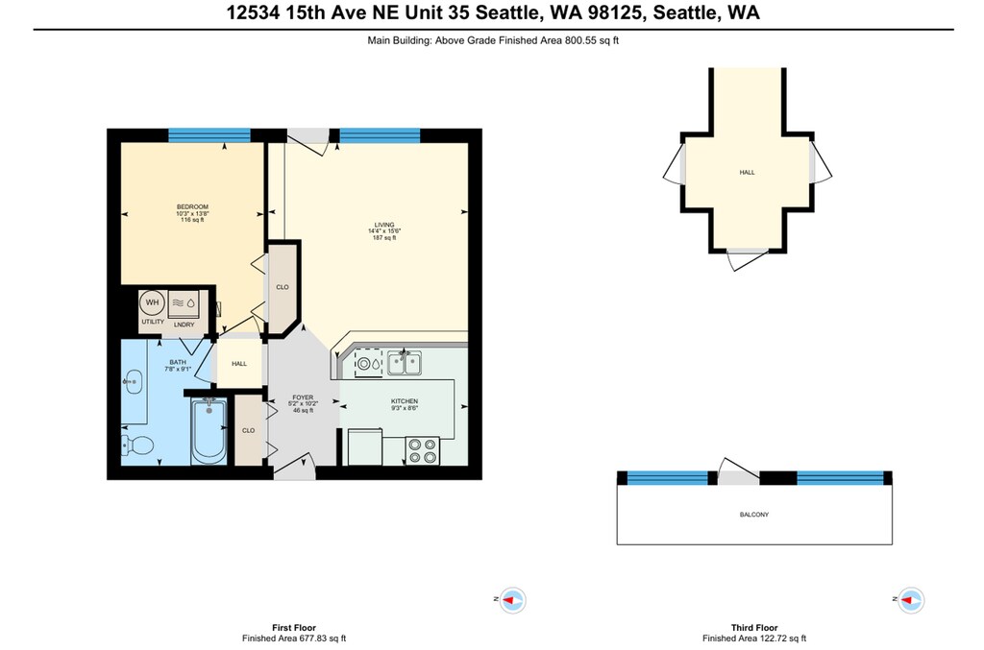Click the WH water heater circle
152,302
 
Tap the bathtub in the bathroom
209,431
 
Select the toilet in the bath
137,445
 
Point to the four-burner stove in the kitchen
423,450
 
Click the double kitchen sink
405,363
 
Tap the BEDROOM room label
192,206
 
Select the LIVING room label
384,225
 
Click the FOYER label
303,397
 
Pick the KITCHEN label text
405,401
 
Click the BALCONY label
753,515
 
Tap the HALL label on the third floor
747,173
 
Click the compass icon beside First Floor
513,600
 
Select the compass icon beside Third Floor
911,600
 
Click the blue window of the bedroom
209,135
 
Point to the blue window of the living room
380,135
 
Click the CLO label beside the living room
283,287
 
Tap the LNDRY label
184,325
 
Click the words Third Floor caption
753,627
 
